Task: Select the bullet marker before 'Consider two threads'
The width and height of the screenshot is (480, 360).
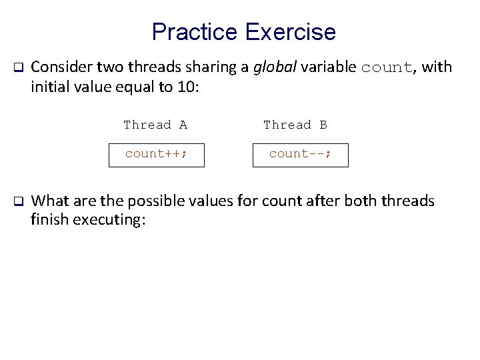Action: tap(19, 68)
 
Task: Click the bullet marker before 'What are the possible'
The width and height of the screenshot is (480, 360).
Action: tap(19, 201)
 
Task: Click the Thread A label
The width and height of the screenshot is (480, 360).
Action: tap(155, 125)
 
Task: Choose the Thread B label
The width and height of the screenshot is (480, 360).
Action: tap(295, 125)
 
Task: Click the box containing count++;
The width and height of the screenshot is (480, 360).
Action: tap(156, 154)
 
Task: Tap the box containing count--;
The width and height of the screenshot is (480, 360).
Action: tap(299, 154)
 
